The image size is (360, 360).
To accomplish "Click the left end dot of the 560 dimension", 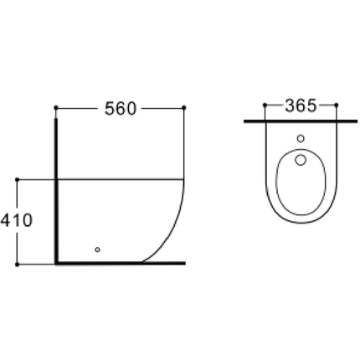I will pyautogui.click(x=55, y=108).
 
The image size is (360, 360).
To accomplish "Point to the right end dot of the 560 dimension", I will pyautogui.click(x=183, y=108).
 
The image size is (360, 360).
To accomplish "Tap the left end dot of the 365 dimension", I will pyautogui.click(x=265, y=106).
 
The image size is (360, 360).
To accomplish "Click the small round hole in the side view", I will pyautogui.click(x=98, y=248).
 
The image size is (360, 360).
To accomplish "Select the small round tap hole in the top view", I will pyautogui.click(x=301, y=138).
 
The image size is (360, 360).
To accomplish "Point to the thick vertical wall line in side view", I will pyautogui.click(x=56, y=193).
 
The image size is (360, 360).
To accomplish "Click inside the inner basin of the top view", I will pyautogui.click(x=301, y=184).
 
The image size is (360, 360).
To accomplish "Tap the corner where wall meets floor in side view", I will pyautogui.click(x=56, y=263).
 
